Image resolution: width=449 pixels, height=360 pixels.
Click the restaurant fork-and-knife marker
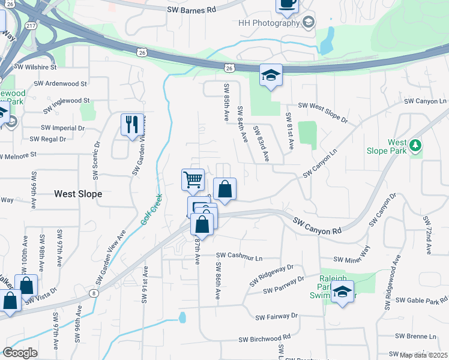click(x=132, y=125)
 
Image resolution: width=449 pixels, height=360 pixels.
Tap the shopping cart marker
click(x=193, y=179)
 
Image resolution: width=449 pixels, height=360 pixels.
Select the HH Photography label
click(x=268, y=23)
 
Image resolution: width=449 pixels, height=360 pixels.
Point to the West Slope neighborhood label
click(x=78, y=194)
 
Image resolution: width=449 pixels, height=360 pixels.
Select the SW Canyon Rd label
click(x=317, y=226)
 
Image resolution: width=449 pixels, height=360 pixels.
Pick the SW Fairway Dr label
click(x=276, y=316)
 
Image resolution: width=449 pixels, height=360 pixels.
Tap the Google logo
click(x=20, y=353)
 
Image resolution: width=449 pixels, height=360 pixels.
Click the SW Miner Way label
click(x=353, y=259)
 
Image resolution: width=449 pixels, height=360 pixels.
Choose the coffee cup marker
click(x=287, y=4)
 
